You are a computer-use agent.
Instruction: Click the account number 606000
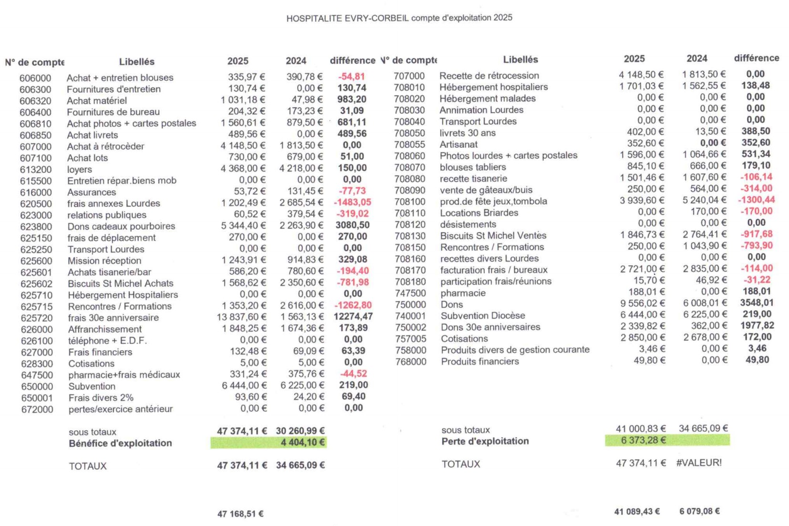tap(35, 78)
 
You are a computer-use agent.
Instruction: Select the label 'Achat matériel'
tap(97, 101)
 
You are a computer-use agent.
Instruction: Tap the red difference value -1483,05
tap(352, 202)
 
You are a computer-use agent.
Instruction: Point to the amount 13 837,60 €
tap(241, 317)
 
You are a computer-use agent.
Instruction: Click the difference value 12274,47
tap(353, 316)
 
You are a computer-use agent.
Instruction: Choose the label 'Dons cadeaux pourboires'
tap(121, 226)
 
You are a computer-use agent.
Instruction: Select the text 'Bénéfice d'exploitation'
tap(120, 444)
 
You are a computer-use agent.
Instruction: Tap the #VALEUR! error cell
tap(699, 463)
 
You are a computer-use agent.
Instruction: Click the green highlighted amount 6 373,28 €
tap(643, 440)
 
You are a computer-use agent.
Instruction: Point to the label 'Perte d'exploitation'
tap(485, 441)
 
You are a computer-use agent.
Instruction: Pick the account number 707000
tap(409, 76)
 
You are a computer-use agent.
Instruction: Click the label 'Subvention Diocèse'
tap(483, 316)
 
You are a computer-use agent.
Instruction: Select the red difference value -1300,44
tap(757, 200)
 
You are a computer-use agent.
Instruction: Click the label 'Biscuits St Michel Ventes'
tap(493, 236)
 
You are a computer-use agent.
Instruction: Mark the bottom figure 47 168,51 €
tap(240, 514)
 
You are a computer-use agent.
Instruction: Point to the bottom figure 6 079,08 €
tap(699, 512)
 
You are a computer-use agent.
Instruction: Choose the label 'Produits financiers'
tap(480, 362)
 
